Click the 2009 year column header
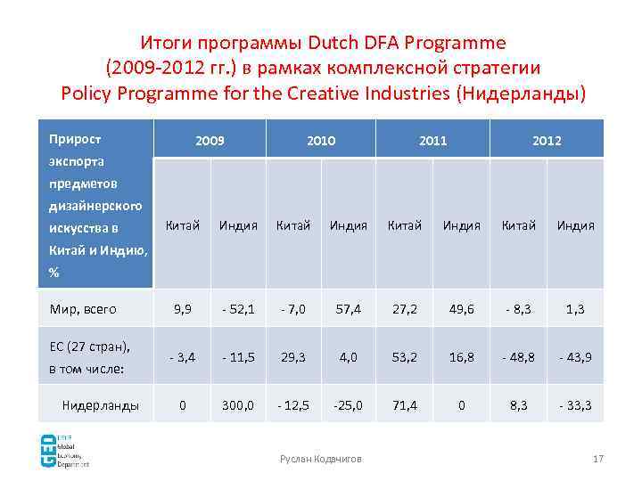click(x=210, y=141)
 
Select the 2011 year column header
click(x=432, y=141)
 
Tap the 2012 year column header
click(x=547, y=141)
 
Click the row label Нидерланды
click(x=100, y=405)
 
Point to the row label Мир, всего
click(x=83, y=309)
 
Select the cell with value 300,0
click(x=238, y=405)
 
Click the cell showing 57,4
click(x=349, y=309)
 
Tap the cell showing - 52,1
click(x=238, y=309)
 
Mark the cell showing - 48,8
click(x=518, y=357)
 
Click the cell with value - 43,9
click(x=575, y=357)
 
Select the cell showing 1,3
click(x=575, y=309)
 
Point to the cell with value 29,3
click(x=293, y=357)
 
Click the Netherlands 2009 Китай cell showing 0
click(x=183, y=405)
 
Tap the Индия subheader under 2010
click(x=349, y=225)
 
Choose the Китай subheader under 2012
click(x=518, y=225)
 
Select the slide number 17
click(x=598, y=458)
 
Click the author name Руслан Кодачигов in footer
click(x=321, y=458)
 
